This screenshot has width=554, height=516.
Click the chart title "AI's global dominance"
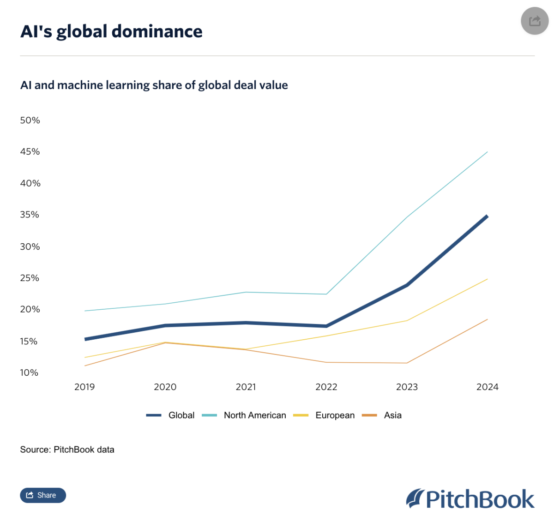pos(111,31)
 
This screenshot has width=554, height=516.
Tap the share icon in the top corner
pos(535,21)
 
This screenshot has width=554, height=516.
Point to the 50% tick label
pos(30,120)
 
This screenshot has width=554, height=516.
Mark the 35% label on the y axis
pos(30,215)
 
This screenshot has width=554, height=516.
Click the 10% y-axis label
pos(29,372)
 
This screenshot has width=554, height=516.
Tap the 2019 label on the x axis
pos(84,387)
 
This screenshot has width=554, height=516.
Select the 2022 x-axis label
pos(326,387)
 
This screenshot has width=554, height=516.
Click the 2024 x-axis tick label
pos(488,387)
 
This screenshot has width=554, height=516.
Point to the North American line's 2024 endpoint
pos(488,151)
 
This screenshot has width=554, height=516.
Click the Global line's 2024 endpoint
pos(487,216)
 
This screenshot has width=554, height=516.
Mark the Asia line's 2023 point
pos(407,363)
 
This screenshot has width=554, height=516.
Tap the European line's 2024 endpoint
pos(488,279)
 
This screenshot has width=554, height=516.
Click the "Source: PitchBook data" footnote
pos(67,450)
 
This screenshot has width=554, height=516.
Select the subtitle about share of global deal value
pos(154,85)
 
